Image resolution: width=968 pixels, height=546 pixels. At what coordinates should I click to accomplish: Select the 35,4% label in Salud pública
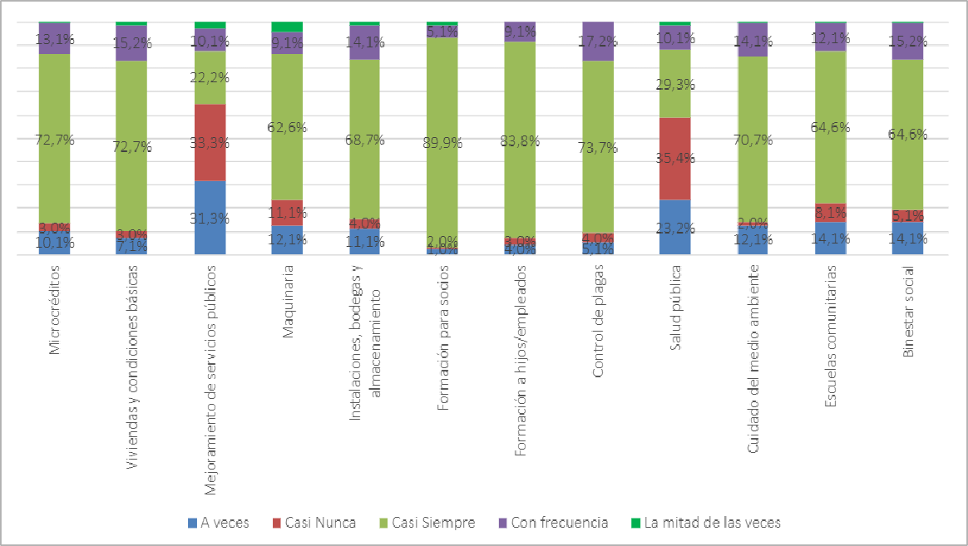tap(674, 158)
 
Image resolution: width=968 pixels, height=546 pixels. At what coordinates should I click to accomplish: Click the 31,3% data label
tap(210, 219)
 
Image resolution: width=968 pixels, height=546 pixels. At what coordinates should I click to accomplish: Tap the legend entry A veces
tap(218, 523)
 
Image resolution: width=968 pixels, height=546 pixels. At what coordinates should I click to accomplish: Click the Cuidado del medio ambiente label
tap(753, 359)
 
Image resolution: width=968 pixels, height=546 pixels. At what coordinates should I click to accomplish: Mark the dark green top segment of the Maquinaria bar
tap(287, 27)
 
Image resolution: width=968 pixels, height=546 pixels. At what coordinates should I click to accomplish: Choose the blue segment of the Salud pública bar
tap(674, 227)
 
